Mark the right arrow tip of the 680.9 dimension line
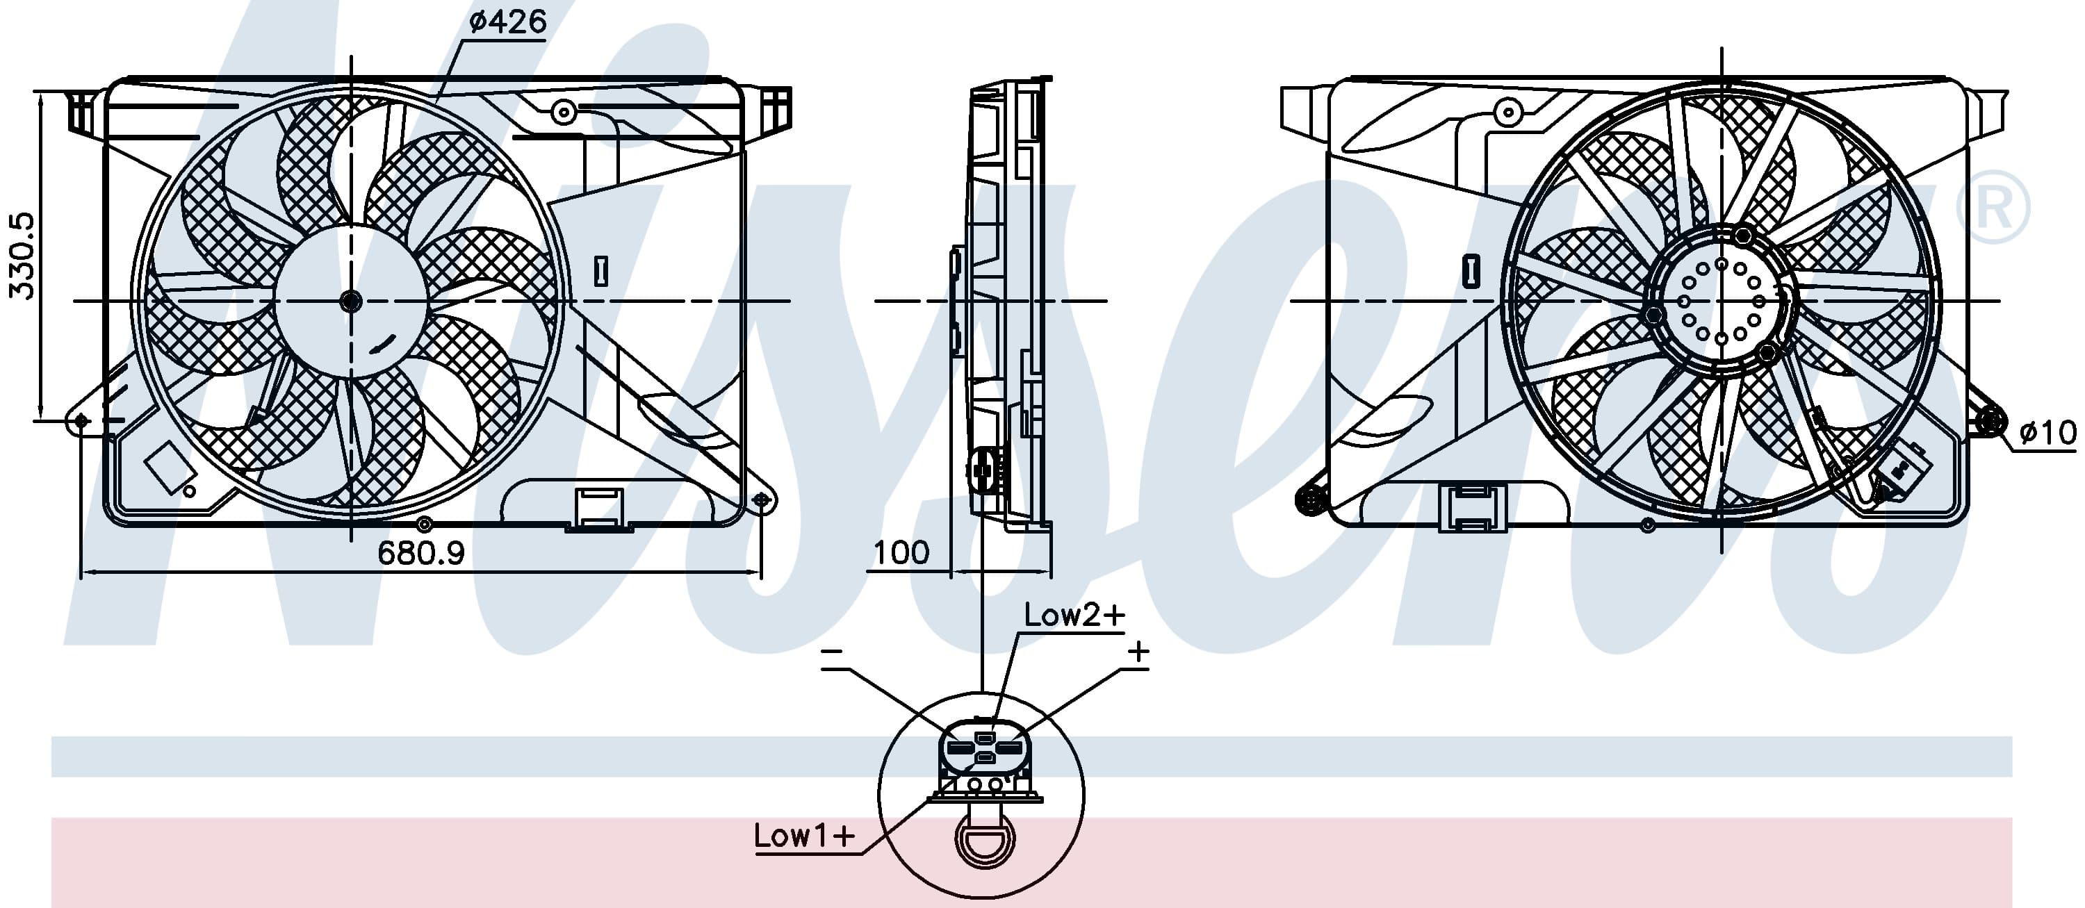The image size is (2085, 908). (x=761, y=572)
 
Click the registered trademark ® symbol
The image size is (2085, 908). (x=1993, y=208)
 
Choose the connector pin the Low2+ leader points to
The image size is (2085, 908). (x=984, y=737)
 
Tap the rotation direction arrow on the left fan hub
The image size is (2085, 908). (x=384, y=343)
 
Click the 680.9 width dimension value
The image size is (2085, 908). (x=421, y=553)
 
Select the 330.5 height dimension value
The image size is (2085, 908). (x=21, y=256)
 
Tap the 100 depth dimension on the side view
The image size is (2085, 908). (x=901, y=553)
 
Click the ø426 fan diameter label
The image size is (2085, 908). (x=507, y=21)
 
